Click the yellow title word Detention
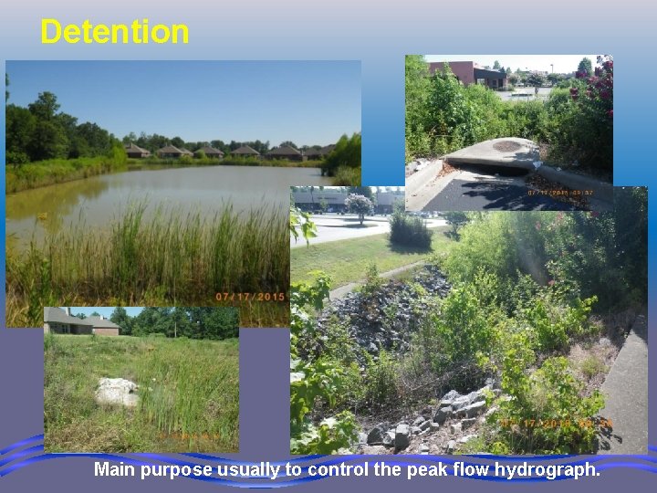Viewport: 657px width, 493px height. point(115,32)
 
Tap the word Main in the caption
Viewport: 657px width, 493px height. point(116,470)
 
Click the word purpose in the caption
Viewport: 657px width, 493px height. point(177,470)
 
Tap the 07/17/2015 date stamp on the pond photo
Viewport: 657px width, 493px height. point(250,298)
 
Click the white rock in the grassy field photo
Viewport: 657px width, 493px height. point(118,392)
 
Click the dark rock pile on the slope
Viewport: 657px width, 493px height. point(383,310)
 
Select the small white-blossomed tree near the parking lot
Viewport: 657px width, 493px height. point(358,205)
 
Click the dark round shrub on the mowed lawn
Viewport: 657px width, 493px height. point(410,230)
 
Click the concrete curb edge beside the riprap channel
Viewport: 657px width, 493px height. point(628,383)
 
